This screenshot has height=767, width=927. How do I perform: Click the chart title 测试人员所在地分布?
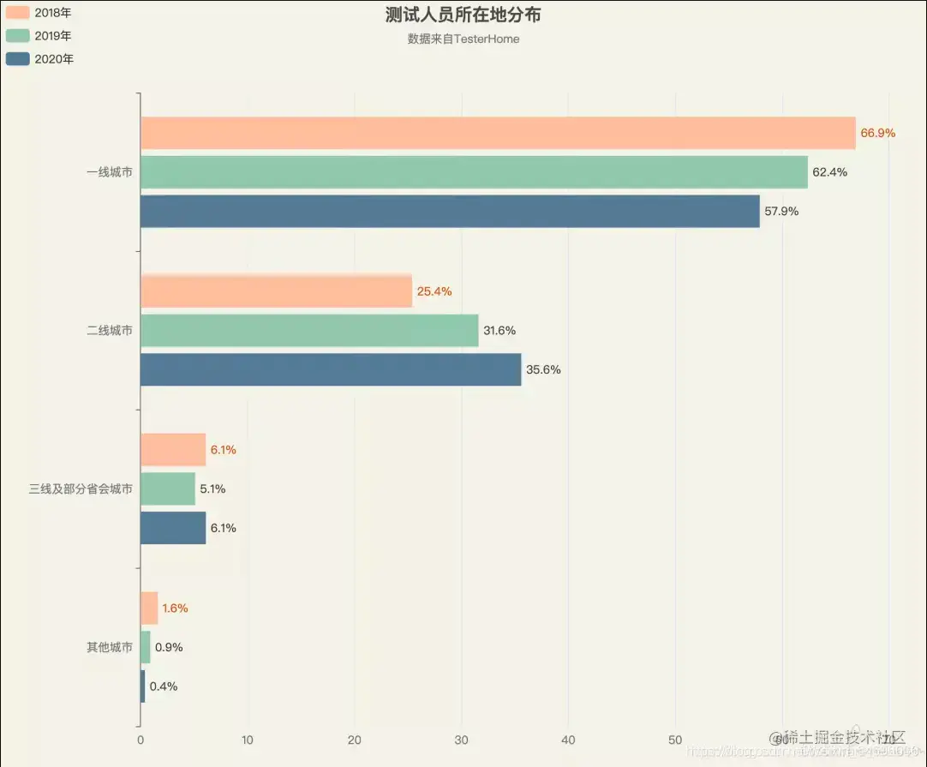(463, 15)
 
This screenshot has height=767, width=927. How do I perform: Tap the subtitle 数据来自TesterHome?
(463, 39)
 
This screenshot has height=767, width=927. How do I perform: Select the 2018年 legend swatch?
(17, 12)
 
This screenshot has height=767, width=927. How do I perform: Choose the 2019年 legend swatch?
(17, 35)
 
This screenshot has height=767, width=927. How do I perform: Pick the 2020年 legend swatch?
(17, 59)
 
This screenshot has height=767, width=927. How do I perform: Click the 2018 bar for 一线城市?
(497, 133)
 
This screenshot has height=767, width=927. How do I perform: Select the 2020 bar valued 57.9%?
(450, 211)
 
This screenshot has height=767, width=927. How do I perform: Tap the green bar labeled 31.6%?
(309, 331)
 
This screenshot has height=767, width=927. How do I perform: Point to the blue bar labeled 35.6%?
(331, 369)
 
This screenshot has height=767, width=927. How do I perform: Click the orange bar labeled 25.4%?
(276, 291)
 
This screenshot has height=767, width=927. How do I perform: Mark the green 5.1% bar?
(168, 488)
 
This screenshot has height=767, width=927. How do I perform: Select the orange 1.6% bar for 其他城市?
(149, 608)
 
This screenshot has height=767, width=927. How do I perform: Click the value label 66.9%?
(877, 133)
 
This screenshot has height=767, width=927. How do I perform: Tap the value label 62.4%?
(829, 172)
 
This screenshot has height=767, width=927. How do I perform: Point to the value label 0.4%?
(164, 686)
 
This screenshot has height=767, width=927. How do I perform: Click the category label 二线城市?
(110, 330)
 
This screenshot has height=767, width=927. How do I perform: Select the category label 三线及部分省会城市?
(81, 488)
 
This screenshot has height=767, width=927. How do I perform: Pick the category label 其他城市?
(110, 647)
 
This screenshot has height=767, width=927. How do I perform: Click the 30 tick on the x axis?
(462, 740)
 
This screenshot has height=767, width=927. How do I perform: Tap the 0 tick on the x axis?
(141, 740)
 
